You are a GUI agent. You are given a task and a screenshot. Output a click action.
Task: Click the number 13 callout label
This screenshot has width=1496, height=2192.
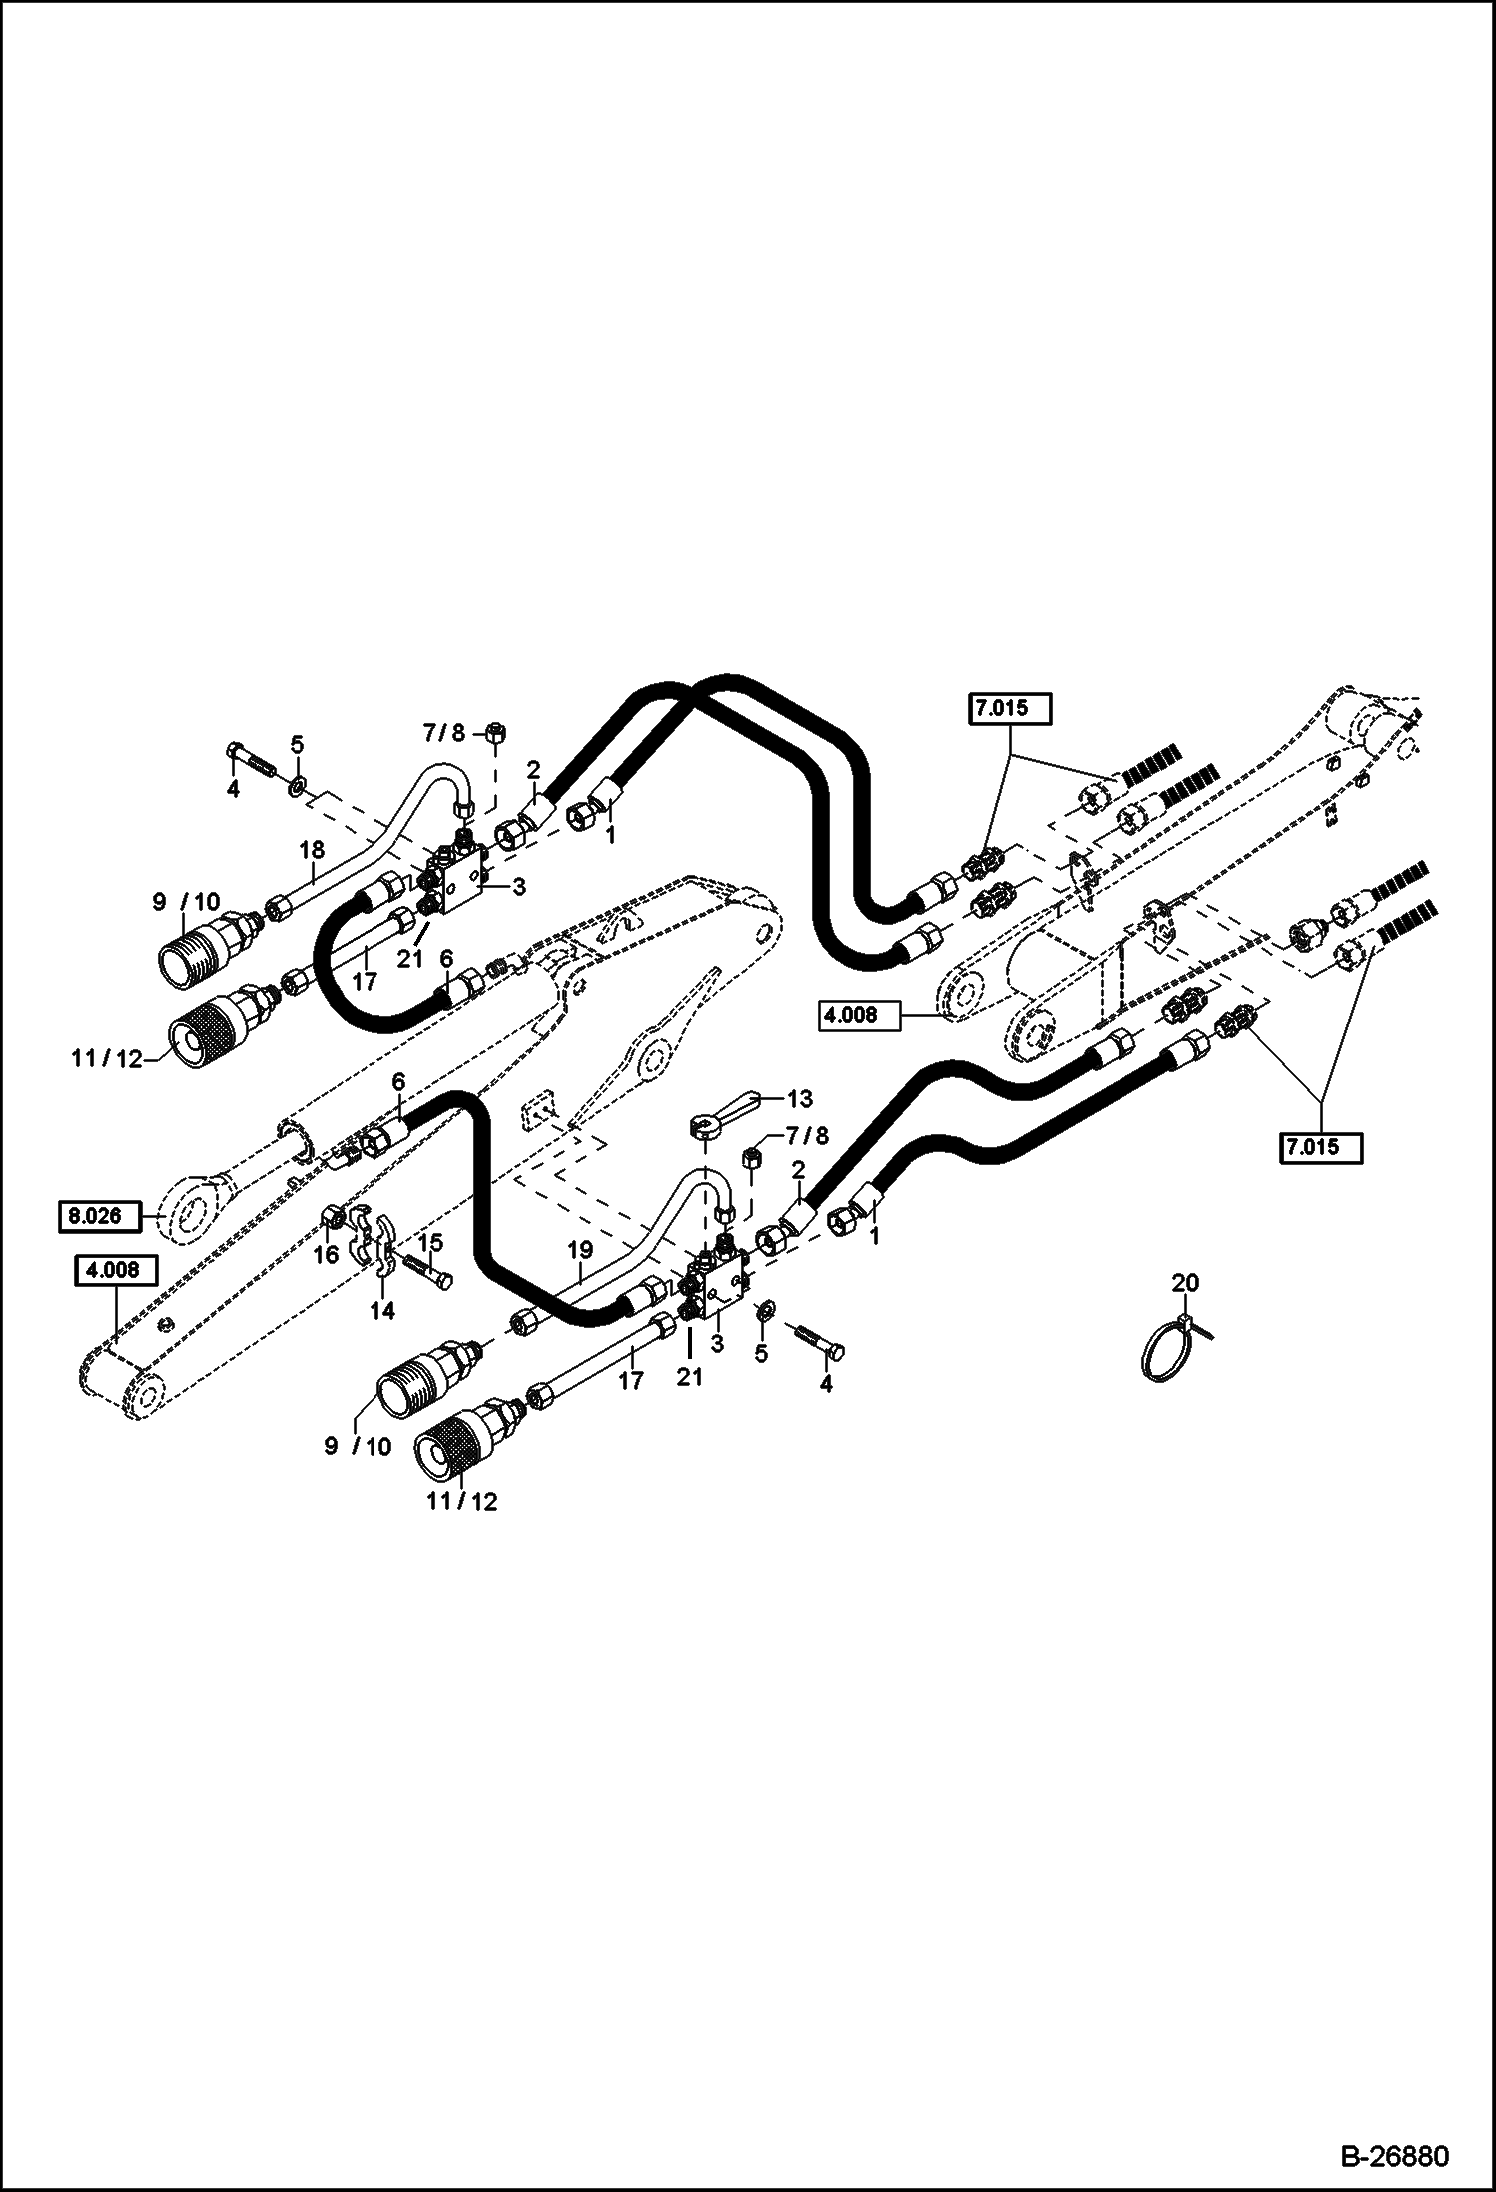point(800,1099)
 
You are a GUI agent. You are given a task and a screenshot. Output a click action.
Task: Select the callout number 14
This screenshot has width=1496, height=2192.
point(383,1310)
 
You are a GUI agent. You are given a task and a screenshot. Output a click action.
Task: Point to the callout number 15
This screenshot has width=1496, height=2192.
point(429,1243)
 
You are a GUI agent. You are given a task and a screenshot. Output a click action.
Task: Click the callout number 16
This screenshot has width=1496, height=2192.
point(327,1253)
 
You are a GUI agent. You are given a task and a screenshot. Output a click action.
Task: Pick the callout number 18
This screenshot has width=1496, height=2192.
point(312,850)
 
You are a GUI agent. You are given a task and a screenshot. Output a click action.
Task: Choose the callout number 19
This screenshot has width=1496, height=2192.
point(580,1250)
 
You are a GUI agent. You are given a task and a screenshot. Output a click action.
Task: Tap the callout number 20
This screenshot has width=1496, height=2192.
point(1185,1282)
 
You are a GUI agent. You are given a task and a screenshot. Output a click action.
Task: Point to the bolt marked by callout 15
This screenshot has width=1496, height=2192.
point(429,1273)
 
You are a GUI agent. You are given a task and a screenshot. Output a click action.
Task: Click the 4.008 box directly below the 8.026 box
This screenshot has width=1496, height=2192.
point(115,1272)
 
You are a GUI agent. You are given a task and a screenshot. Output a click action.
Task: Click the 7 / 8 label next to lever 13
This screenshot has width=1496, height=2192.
point(808,1136)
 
